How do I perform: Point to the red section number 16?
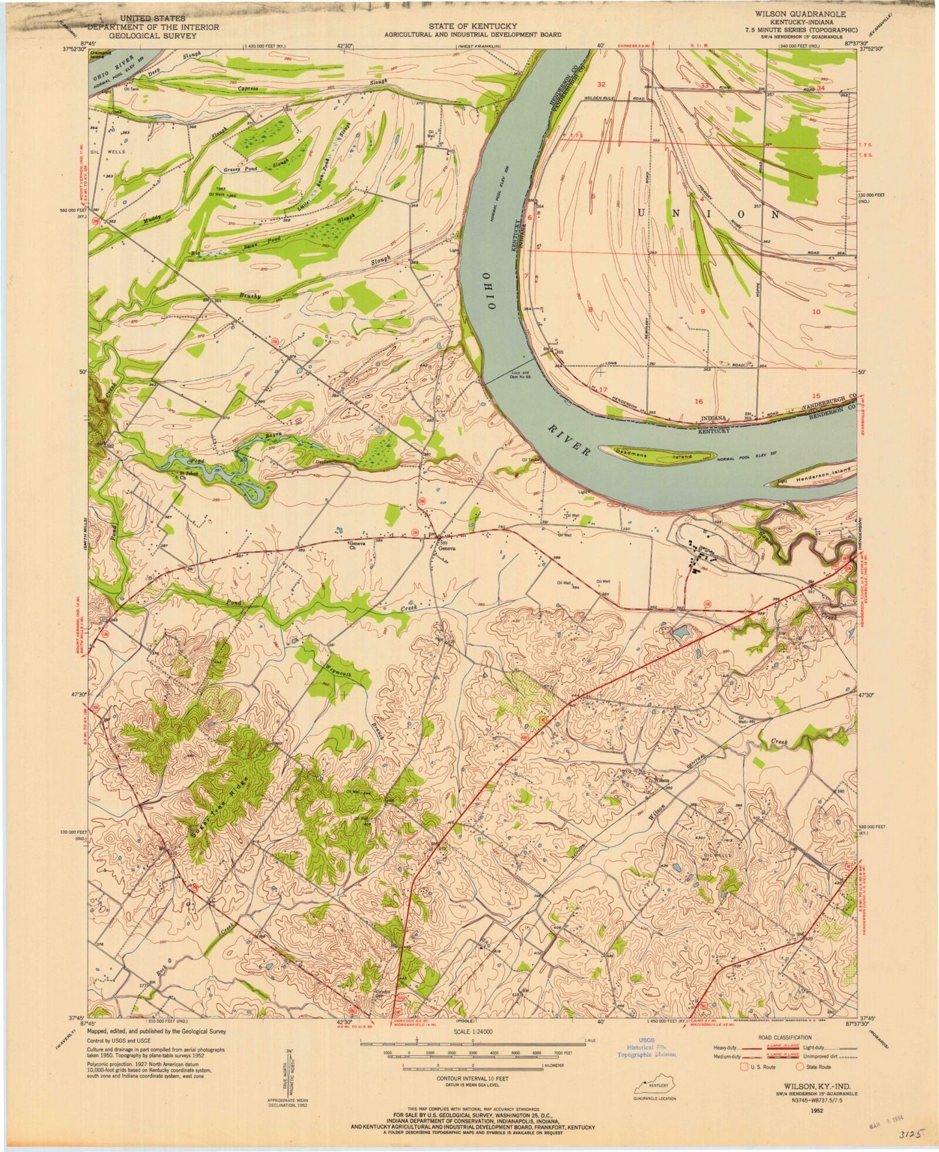[699, 401]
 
